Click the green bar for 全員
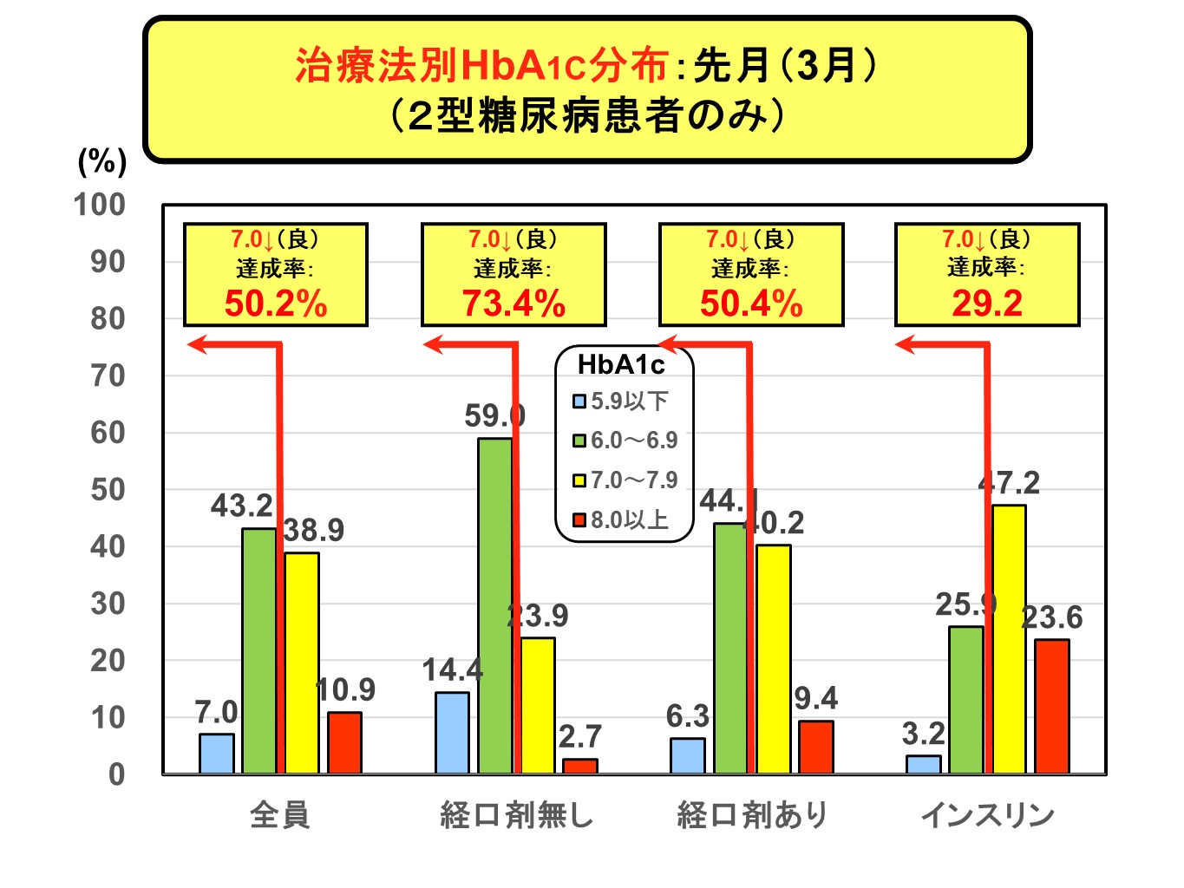click(x=258, y=650)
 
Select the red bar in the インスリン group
click(x=1051, y=706)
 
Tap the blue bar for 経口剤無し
click(x=452, y=732)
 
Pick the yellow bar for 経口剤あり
click(x=773, y=659)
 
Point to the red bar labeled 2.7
click(x=579, y=766)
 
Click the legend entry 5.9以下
click(x=621, y=402)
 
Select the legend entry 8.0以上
click(x=621, y=520)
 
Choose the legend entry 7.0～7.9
click(x=625, y=480)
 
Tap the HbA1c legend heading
click(x=621, y=365)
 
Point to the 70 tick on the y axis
click(x=108, y=376)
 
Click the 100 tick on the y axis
click(x=100, y=205)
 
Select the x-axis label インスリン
click(x=987, y=815)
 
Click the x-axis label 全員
click(x=279, y=815)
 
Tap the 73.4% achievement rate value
click(x=514, y=304)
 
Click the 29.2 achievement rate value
click(x=987, y=304)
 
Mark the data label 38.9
click(x=314, y=530)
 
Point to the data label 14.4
click(x=452, y=670)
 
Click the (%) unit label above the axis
click(x=102, y=161)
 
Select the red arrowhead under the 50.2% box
click(x=197, y=345)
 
